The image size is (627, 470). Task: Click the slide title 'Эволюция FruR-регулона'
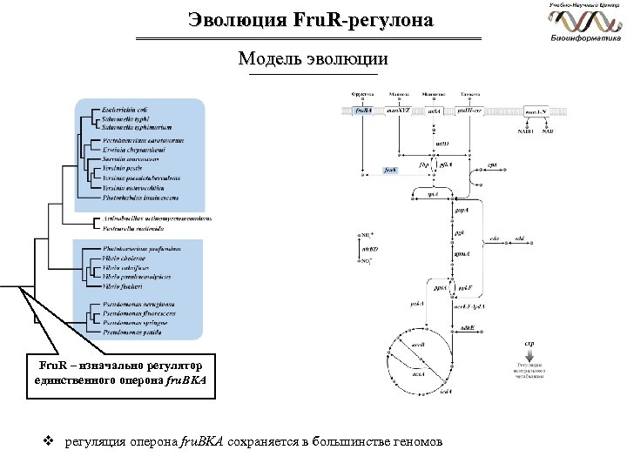[309, 19]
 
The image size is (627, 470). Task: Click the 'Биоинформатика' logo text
[586, 38]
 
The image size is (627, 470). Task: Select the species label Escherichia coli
[126, 109]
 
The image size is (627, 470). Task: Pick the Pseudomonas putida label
[131, 332]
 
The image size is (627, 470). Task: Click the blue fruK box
[391, 171]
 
